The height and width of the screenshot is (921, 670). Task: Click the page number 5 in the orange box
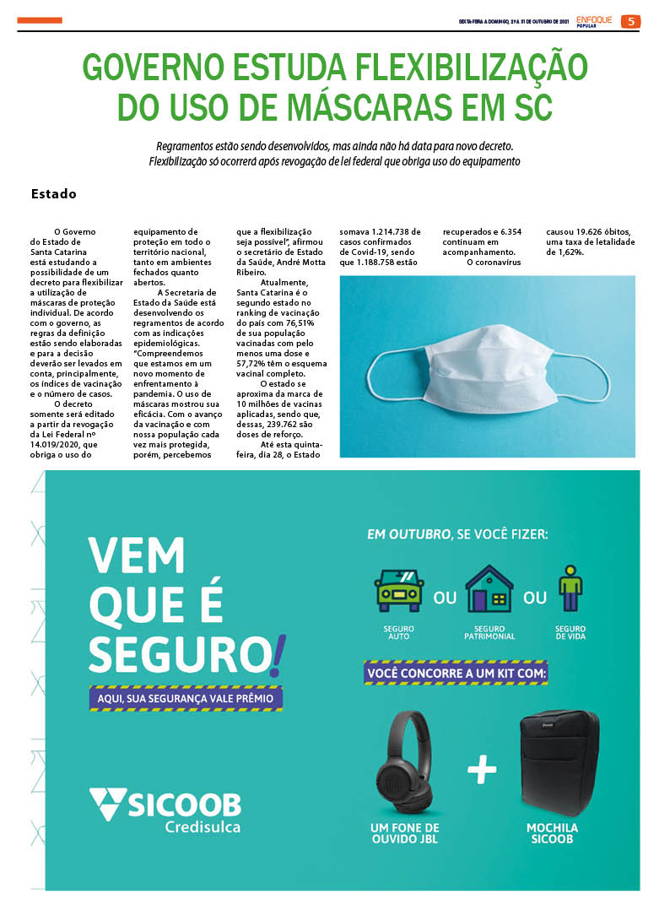[630, 21]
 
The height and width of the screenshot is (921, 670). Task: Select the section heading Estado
[53, 194]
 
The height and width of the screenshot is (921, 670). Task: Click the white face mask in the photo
[484, 369]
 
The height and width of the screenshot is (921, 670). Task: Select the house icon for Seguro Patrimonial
[489, 588]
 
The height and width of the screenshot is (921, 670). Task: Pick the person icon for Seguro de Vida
[570, 588]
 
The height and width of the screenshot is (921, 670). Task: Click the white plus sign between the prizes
[481, 769]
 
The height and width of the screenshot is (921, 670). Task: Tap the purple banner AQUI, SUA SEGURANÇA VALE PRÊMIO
[186, 698]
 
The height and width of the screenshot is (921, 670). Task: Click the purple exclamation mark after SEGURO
[279, 653]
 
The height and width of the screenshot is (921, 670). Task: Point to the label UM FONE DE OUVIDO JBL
[405, 833]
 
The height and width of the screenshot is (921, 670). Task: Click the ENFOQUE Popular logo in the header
[594, 21]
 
